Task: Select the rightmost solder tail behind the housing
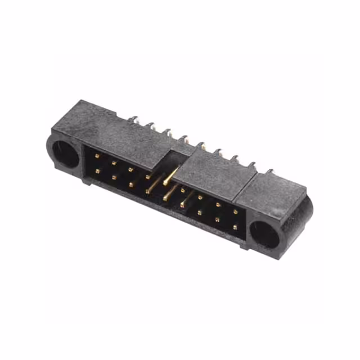tap(269, 171)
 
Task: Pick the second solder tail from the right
tap(252, 165)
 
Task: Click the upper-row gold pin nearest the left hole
tap(97, 156)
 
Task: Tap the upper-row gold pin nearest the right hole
tap(236, 212)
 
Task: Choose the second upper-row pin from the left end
tap(114, 163)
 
